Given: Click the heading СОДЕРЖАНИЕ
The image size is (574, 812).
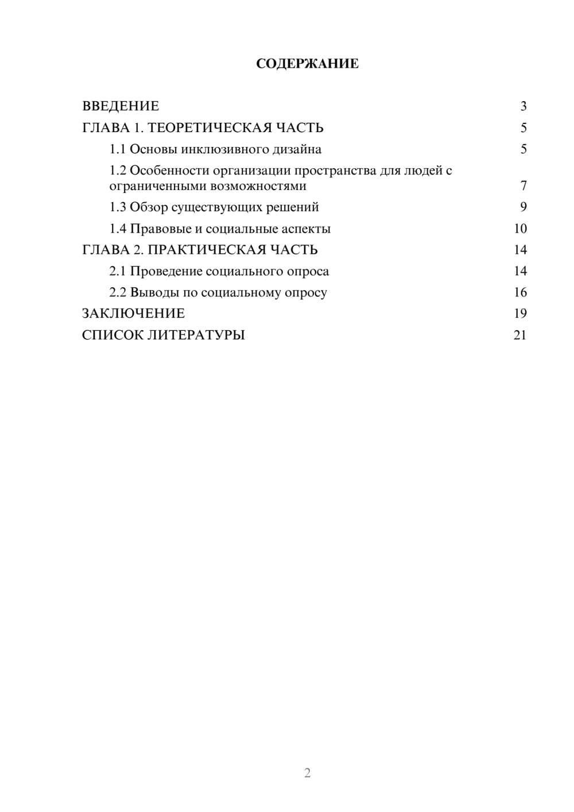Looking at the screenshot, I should pos(307,64).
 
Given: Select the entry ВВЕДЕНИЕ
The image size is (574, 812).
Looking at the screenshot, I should pos(121,106).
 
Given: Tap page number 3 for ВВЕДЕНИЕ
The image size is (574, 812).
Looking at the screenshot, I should pos(523,106).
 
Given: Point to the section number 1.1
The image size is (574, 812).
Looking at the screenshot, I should pos(118,149).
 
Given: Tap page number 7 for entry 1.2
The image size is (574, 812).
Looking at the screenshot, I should pos(523,186).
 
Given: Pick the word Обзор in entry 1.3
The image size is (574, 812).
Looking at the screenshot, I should pos(149,207).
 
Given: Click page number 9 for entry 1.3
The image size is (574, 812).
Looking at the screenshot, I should pos(523,207).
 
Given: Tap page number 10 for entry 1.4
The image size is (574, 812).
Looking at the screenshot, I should pos(520,229).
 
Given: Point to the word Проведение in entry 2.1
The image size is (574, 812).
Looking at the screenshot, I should pos(166,271).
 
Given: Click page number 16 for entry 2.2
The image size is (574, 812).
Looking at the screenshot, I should pos(520,292).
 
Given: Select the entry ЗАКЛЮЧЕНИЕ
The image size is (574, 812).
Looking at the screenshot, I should pos(133,314).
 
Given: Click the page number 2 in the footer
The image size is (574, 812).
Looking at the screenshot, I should pos(307,773).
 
